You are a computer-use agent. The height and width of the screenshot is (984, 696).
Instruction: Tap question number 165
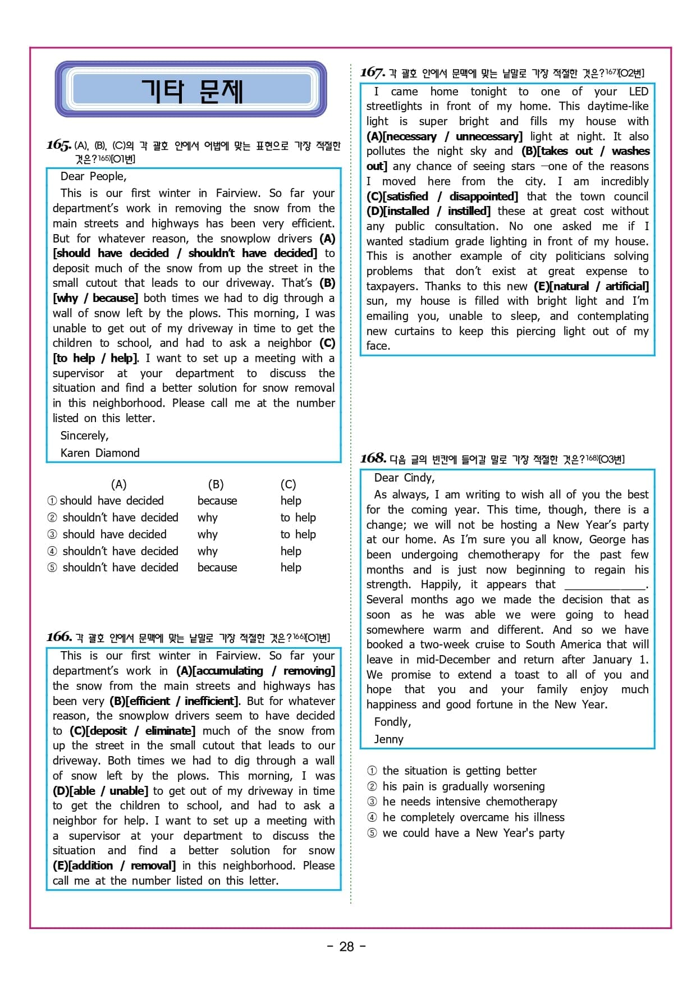pos(58,145)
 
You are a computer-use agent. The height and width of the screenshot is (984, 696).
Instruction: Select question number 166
pos(59,637)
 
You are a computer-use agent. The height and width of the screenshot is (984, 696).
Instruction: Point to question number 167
pos(372,72)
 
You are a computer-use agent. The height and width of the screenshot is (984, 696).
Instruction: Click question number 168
pos(373,459)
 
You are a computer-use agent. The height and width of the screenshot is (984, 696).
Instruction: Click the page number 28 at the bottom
pos(346,946)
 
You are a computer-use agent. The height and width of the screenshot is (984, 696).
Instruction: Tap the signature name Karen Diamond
pos(100,453)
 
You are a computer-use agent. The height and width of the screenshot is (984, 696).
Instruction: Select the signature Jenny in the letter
pos(388,739)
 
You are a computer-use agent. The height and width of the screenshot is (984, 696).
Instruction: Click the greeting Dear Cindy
pos(404,478)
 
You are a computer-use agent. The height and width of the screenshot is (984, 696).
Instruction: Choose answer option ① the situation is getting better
pos(452,771)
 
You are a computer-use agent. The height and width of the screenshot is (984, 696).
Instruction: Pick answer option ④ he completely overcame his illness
pos(466,817)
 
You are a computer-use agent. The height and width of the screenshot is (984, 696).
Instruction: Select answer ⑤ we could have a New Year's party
pos(466,833)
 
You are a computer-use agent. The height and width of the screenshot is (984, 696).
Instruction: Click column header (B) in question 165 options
pos(216,484)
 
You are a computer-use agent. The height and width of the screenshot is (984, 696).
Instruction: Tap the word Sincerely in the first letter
pos(84,436)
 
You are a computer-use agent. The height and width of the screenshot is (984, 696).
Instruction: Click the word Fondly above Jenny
pos(392,722)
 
